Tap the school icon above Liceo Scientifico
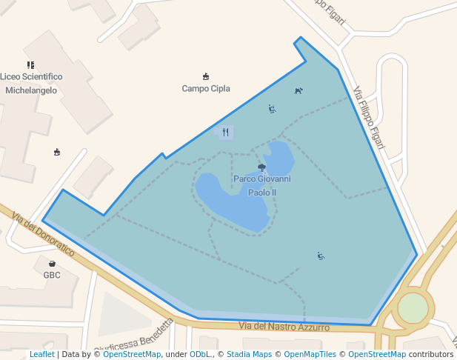pos(30,65)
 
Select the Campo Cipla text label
pos(206,88)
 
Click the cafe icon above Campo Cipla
pos(206,76)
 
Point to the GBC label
pos(52,275)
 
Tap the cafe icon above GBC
pos(52,264)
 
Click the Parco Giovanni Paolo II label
pos(261,185)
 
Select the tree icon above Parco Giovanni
pos(261,168)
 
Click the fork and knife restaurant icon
pos(225,133)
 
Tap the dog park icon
pos(298,91)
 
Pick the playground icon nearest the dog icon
pos(272,109)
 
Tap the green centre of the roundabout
pos(413,308)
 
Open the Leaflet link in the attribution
pos(41,355)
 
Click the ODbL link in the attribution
pos(200,355)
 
